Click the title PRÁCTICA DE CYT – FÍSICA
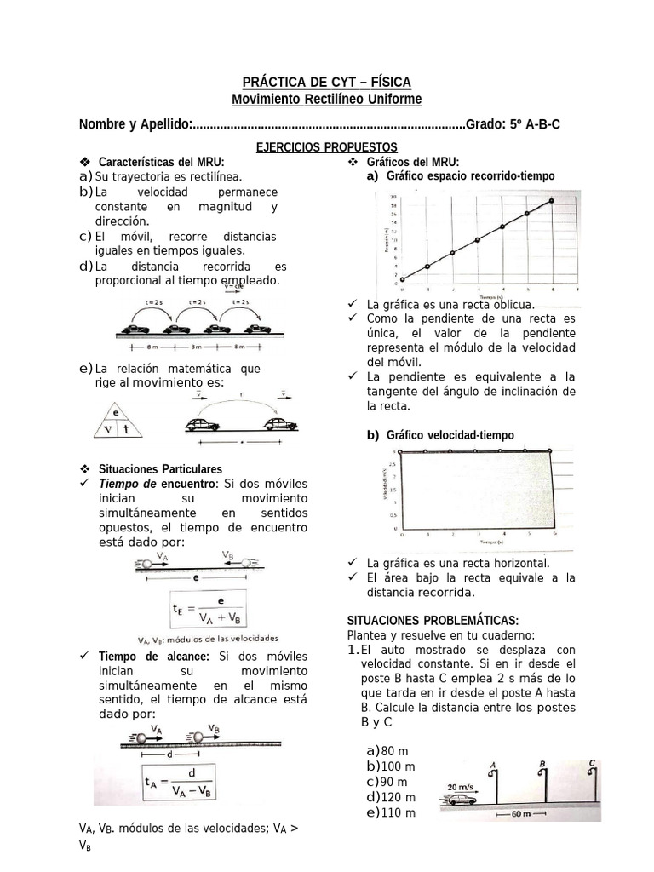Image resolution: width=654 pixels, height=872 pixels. pos(327,82)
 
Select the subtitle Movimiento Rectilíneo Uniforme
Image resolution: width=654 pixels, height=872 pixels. pos(327,100)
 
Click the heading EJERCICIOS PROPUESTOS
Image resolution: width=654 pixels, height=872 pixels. pos(327,147)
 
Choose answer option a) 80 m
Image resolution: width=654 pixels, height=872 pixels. pos(387,751)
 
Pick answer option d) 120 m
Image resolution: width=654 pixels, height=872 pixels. pos(391,797)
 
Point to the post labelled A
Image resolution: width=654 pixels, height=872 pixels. pos(493,782)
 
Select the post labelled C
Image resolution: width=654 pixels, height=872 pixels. pos(590,782)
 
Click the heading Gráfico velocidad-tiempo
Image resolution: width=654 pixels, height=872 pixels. pos(450,435)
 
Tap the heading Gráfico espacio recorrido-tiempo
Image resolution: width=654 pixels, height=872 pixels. pos(470,175)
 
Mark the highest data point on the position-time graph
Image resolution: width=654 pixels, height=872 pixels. pos(551,201)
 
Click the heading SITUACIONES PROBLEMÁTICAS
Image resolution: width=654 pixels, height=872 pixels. pos(433,620)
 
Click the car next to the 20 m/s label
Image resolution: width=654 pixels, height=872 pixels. pos(460,800)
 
